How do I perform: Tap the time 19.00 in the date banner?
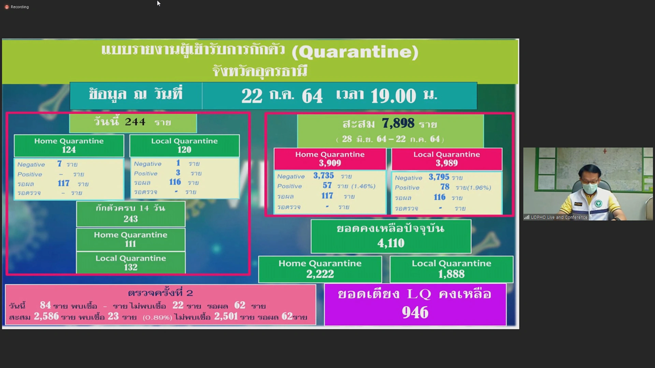393,96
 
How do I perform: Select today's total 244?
135,122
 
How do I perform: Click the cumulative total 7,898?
398,123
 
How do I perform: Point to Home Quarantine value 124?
69,150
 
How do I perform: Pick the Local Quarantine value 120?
184,150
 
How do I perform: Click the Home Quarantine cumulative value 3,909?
330,163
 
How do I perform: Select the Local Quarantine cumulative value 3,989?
447,163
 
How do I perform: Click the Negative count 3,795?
439,177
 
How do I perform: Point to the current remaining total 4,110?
391,243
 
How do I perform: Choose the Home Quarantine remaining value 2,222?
320,274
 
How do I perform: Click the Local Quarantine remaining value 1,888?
451,274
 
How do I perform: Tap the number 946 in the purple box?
415,312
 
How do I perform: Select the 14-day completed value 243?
131,219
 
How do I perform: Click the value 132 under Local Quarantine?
131,267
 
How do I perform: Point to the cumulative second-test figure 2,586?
46,316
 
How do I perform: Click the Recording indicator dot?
6,7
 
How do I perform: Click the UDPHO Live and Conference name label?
559,217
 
